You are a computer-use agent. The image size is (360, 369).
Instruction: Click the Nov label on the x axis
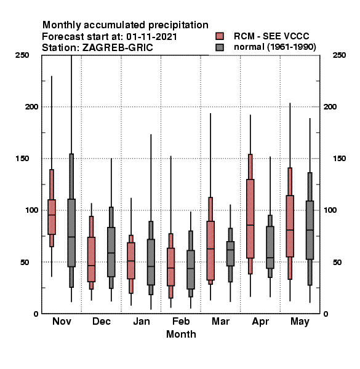point(62,321)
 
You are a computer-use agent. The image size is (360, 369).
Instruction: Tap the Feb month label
point(181,321)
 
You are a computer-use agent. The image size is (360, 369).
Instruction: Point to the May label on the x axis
point(300,322)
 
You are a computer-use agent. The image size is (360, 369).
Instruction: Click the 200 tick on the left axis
point(31,106)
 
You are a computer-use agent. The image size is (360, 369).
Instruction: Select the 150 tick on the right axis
point(339,159)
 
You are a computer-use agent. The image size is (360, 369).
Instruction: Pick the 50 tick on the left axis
point(25,262)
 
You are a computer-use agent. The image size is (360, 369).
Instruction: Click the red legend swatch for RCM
point(220,36)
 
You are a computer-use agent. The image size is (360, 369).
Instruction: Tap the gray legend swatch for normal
point(220,47)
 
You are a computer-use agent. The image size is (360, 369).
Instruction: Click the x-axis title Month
point(181,334)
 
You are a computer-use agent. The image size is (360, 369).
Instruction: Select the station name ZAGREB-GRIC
point(118,48)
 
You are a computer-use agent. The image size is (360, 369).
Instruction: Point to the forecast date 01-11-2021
point(151,37)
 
